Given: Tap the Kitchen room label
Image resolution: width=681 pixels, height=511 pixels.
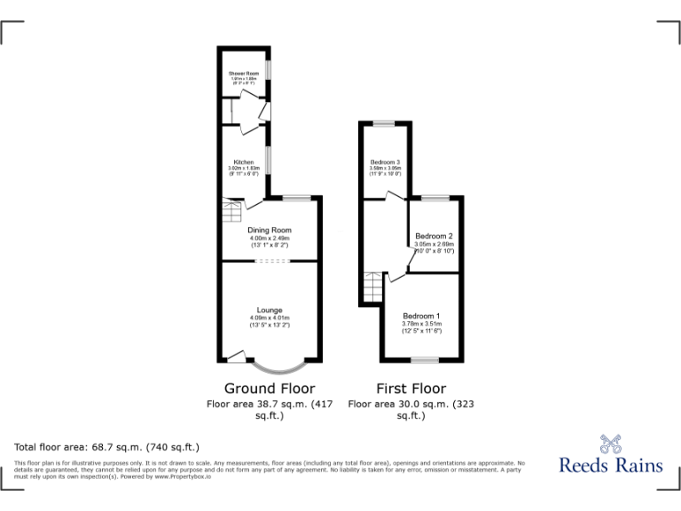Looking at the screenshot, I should coord(244,162).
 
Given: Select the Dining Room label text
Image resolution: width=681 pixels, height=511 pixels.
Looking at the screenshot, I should coord(270,231).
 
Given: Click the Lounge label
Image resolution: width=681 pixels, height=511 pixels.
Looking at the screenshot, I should coord(270,311).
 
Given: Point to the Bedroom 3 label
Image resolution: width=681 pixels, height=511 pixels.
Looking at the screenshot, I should coord(386,162).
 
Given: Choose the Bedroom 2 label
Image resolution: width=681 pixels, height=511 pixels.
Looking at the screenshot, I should coord(434,236).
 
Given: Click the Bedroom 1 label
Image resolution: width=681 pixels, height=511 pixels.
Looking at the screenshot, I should coord(421,317).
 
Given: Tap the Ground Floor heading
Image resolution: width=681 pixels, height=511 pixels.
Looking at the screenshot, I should coord(270,389).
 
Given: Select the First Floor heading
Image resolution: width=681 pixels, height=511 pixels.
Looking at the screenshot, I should coord(411,389).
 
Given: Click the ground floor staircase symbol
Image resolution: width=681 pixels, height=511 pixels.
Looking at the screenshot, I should coord(231,213).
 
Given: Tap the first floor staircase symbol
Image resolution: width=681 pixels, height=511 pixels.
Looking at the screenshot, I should coord(373,287).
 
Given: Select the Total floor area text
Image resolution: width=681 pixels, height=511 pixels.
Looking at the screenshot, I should coord(107,446).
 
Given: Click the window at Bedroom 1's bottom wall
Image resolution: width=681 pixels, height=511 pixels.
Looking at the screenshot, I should coord(425,359).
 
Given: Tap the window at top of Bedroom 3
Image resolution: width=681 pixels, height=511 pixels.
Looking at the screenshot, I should coord(384,122).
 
